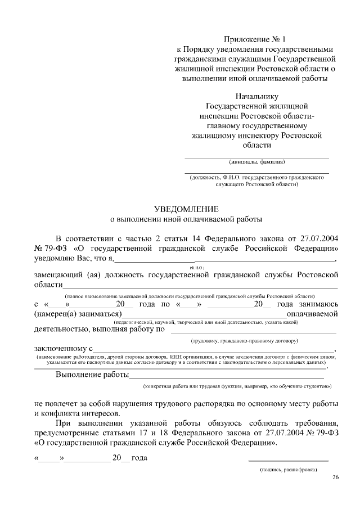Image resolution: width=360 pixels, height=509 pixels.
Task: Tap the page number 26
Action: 336,478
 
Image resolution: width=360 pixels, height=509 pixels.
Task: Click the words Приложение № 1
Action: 255,39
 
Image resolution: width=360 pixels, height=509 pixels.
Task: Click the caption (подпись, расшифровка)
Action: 289,469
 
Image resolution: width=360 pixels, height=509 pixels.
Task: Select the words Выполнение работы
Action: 92,375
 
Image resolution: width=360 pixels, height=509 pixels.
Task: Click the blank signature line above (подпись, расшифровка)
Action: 289,461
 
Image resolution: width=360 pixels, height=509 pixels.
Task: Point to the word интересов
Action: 100,412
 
